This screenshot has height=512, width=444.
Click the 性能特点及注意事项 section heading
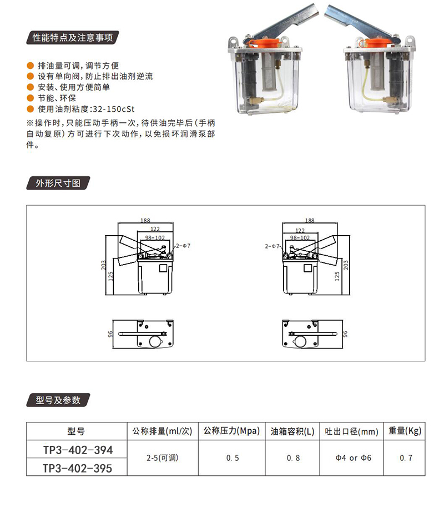tap(72, 38)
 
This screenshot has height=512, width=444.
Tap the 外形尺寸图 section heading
tap(58, 183)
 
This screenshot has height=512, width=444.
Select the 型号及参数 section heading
tap(58, 400)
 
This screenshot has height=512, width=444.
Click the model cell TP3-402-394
tap(78, 450)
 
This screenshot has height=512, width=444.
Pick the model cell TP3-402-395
tap(78, 468)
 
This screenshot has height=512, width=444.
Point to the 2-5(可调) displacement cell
tap(163, 458)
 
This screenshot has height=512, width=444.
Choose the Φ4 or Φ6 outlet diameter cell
tap(354, 458)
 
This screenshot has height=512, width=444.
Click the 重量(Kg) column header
tap(405, 431)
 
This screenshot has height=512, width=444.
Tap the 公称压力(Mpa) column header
tap(231, 431)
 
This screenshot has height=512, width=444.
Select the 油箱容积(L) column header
tap(292, 431)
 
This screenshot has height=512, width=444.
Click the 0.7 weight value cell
tap(406, 458)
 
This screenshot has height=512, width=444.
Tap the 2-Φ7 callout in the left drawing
tap(183, 246)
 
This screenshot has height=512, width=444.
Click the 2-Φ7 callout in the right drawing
tap(272, 246)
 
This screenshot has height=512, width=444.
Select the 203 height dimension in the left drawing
tap(103, 265)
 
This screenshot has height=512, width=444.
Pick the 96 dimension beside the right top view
tap(345, 334)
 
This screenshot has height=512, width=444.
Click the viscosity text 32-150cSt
tap(114, 109)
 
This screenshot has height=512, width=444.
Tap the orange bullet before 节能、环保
tap(31, 98)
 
